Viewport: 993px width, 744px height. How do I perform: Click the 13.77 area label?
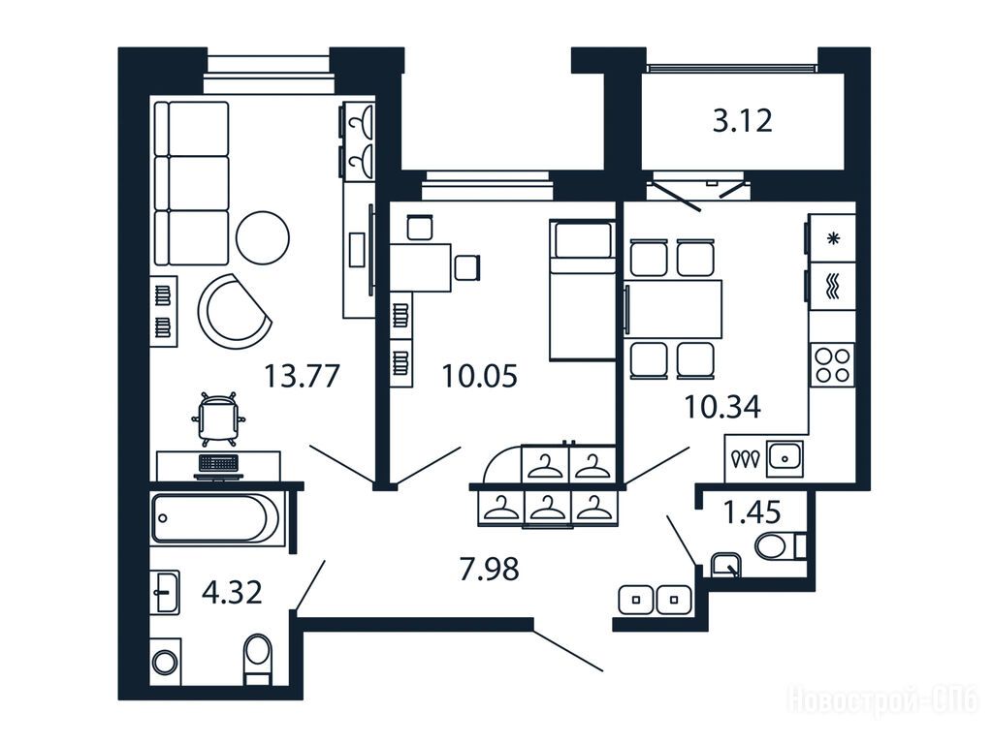click(303, 376)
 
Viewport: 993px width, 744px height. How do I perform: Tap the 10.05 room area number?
click(479, 376)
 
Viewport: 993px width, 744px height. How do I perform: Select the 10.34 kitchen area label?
click(722, 407)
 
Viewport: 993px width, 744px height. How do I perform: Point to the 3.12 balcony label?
click(743, 121)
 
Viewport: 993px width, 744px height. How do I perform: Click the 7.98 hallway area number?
click(490, 569)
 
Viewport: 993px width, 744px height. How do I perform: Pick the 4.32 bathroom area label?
click(232, 593)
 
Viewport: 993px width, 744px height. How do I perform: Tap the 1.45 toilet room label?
click(752, 511)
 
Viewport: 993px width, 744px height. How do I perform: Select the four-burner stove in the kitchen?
click(832, 365)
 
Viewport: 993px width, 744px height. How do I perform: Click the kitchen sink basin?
click(785, 458)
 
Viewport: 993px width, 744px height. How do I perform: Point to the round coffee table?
click(263, 238)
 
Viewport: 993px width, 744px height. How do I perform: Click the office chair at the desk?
click(217, 416)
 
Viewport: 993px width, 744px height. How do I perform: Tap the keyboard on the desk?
click(218, 463)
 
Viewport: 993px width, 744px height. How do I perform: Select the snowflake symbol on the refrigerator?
click(834, 239)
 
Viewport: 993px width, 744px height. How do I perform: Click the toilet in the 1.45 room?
click(779, 546)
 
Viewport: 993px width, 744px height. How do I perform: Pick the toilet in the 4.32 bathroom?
click(258, 659)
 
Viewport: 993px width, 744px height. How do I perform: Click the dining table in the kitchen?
click(673, 309)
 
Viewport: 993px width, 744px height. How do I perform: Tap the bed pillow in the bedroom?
click(582, 240)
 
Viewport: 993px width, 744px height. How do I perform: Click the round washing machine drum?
click(165, 663)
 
